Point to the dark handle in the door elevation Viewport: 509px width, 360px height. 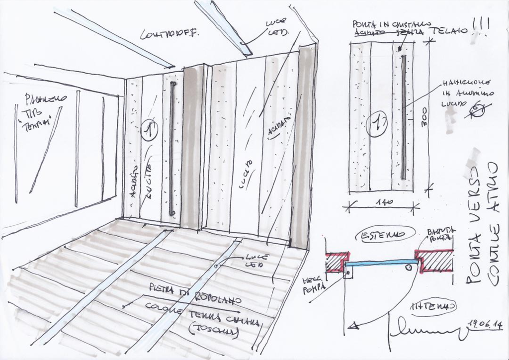(404, 117)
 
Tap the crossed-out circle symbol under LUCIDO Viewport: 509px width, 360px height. (479, 110)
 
